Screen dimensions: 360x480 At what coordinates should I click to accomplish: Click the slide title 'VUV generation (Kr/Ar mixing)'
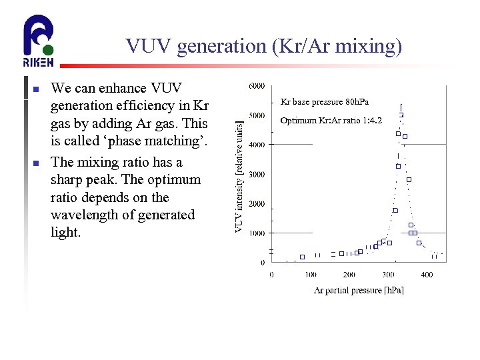pos(263,46)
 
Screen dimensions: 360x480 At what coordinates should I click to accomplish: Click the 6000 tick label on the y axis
pos(256,85)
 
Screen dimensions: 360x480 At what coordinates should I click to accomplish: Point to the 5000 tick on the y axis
pos(256,115)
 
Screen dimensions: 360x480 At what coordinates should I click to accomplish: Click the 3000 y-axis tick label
pos(256,174)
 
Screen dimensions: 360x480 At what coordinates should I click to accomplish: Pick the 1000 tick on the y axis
pos(256,233)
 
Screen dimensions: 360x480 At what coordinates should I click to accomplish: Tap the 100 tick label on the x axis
pos(310,274)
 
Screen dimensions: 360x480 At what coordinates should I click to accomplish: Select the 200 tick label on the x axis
pos(349,274)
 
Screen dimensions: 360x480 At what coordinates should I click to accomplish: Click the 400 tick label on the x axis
pos(427,274)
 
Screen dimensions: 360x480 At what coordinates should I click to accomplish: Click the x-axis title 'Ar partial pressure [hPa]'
pos(359,290)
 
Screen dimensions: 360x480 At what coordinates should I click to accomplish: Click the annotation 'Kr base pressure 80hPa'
pos(324,102)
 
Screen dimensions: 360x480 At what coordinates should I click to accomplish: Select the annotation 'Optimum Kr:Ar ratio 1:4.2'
pos(331,121)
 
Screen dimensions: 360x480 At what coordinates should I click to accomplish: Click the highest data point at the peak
pos(401,115)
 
